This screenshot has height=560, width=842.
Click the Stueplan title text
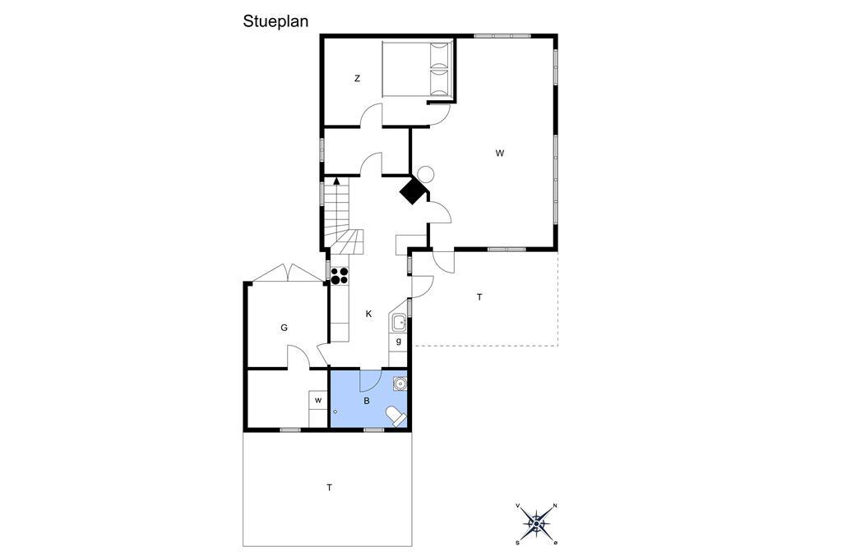pyautogui.click(x=275, y=21)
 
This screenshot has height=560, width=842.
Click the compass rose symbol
pyautogui.click(x=536, y=523)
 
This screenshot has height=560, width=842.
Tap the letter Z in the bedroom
pyautogui.click(x=357, y=79)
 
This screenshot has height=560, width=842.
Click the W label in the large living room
pyautogui.click(x=500, y=154)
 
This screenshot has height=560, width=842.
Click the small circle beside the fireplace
pyautogui.click(x=425, y=174)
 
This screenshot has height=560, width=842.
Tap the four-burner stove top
pyautogui.click(x=340, y=275)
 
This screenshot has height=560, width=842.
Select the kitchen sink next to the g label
pyautogui.click(x=399, y=323)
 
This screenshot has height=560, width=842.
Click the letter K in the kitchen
pyautogui.click(x=369, y=314)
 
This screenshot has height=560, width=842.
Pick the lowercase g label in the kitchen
pyautogui.click(x=399, y=341)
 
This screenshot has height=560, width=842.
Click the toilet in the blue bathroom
pyautogui.click(x=396, y=415)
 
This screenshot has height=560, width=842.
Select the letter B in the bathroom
pyautogui.click(x=367, y=401)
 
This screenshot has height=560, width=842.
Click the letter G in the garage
pyautogui.click(x=284, y=328)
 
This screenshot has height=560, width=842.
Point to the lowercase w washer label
pyautogui.click(x=318, y=400)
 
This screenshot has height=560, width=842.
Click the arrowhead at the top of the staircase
pyautogui.click(x=336, y=181)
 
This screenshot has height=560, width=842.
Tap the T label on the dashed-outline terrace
pyautogui.click(x=479, y=297)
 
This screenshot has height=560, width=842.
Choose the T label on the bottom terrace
pyautogui.click(x=329, y=488)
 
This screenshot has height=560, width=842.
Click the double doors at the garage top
pyautogui.click(x=289, y=273)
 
